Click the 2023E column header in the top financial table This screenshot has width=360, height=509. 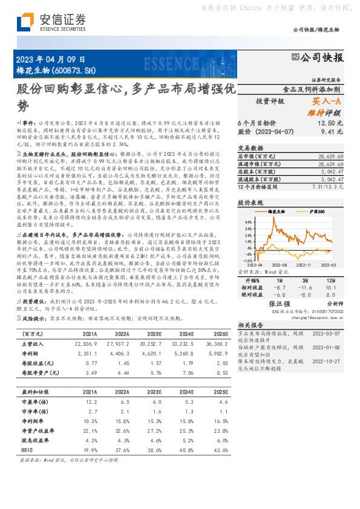154,333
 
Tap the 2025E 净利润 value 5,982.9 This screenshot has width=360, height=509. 217,353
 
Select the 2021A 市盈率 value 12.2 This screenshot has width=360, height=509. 90,401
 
